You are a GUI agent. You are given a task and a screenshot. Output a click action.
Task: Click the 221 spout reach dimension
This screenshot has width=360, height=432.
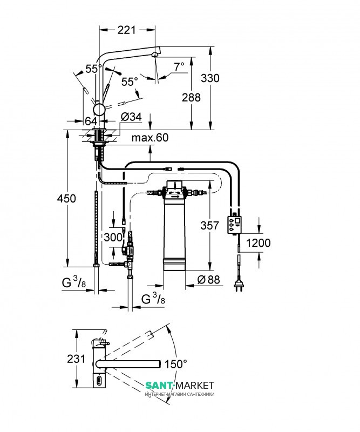click(x=126, y=31)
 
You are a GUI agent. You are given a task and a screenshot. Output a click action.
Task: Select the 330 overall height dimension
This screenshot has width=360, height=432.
click(x=210, y=78)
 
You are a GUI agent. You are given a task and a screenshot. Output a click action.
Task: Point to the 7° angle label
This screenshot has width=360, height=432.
click(x=178, y=66)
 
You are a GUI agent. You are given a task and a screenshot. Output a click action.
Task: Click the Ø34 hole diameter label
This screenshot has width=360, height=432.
click(x=131, y=117)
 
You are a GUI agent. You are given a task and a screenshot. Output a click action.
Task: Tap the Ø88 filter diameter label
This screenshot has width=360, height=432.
click(x=205, y=280)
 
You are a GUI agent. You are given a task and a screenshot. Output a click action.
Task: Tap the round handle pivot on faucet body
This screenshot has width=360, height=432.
click(x=100, y=108)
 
